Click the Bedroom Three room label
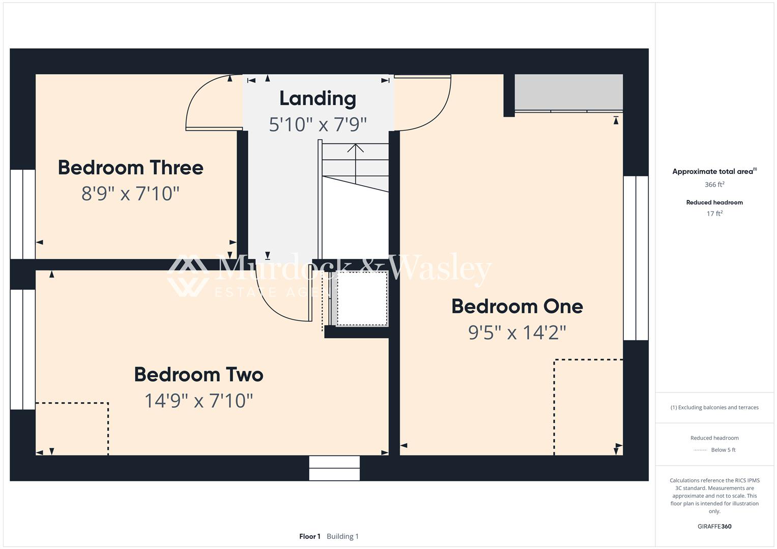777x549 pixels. click(x=130, y=168)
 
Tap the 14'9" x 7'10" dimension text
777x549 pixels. click(x=198, y=401)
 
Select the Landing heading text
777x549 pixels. click(x=318, y=99)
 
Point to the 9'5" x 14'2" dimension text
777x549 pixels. click(x=517, y=332)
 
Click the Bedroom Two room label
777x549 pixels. click(x=199, y=375)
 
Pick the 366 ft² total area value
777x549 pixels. click(x=714, y=185)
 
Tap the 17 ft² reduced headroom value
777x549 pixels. click(x=714, y=213)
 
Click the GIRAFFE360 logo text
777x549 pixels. click(x=714, y=527)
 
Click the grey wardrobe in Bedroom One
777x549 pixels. click(x=568, y=93)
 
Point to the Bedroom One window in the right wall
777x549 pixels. click(x=636, y=258)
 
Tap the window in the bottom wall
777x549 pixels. click(x=334, y=468)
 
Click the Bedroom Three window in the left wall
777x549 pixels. click(x=22, y=214)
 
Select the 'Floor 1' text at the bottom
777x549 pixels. click(x=310, y=536)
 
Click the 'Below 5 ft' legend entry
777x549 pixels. click(x=723, y=450)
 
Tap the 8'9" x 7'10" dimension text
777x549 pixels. click(x=130, y=193)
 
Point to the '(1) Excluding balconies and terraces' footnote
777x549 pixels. click(x=714, y=408)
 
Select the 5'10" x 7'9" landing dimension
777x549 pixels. click(x=318, y=125)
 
